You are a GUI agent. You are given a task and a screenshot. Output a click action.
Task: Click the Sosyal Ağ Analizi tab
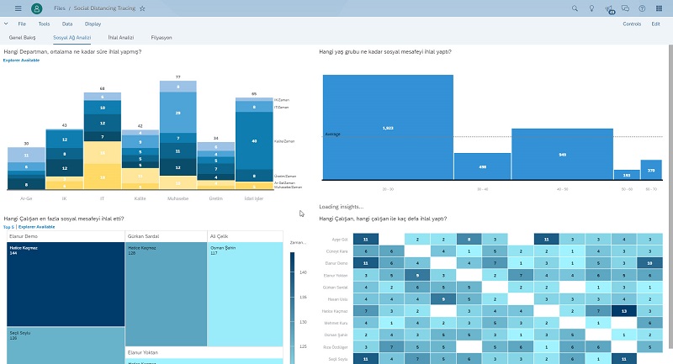coord(72,38)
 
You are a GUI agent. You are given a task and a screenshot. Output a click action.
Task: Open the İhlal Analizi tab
coord(121,38)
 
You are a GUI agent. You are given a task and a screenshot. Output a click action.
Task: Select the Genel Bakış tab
coord(23,38)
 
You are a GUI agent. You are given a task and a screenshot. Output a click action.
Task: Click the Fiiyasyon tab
coord(162,38)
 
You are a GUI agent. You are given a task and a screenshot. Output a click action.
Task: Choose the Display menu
coord(93,24)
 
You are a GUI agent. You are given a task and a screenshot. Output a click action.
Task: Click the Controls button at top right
coord(631,24)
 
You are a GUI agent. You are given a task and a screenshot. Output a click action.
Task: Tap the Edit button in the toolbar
coord(655,24)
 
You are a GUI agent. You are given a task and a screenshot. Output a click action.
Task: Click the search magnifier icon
coord(575,8)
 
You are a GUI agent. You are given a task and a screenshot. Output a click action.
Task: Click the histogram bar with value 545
coord(562,155)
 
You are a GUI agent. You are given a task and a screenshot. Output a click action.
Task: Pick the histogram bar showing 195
coord(626,175)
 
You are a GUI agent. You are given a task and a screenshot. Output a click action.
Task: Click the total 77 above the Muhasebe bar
coord(178,76)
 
